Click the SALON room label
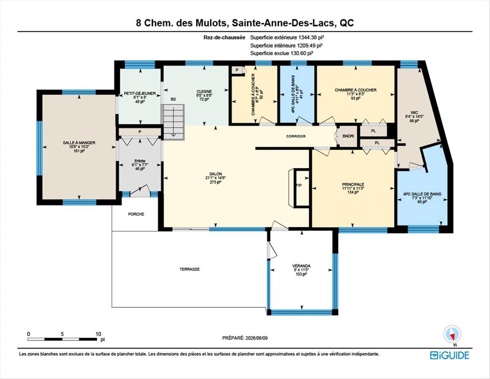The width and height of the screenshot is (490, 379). point(216,174)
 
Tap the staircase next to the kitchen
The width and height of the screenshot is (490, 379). point(173,122)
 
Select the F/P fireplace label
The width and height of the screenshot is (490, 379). point(299,185)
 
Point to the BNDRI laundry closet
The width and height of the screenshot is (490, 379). point(348,136)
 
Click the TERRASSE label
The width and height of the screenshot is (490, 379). point(189,269)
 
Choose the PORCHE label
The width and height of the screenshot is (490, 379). point(136,214)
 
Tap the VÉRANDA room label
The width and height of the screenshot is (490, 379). point(301,266)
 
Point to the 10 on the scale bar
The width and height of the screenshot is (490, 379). point(98,334)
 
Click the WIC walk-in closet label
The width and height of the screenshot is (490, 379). point(414,113)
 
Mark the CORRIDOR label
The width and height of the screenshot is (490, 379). point(296,136)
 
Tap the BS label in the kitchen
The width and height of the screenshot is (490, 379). point(173,99)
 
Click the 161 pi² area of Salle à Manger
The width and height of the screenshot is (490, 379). point(79,151)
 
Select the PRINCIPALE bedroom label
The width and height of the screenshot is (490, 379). point(353,184)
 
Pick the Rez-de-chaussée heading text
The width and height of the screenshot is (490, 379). point(224,38)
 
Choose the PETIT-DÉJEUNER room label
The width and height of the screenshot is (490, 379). point(140,93)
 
